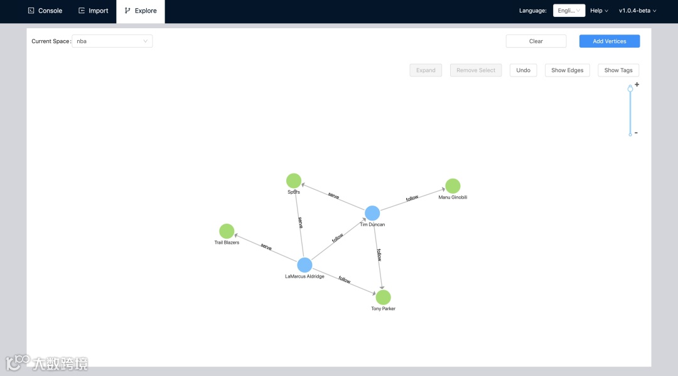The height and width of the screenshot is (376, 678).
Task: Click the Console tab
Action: click(x=45, y=11)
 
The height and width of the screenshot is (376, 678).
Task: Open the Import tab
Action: click(x=93, y=11)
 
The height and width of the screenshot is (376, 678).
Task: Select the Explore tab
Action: click(x=141, y=11)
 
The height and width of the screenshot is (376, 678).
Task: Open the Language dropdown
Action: click(x=569, y=11)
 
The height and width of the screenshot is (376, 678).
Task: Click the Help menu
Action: click(x=599, y=11)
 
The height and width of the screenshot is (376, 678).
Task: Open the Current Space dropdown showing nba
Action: click(x=112, y=41)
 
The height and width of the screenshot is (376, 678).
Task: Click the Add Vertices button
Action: click(x=609, y=41)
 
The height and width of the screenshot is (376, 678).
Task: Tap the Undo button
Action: click(x=523, y=70)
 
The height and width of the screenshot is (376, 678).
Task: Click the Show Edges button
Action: click(x=567, y=70)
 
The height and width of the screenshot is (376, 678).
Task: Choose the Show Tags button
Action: click(x=618, y=70)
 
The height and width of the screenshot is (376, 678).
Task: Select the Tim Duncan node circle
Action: click(x=372, y=213)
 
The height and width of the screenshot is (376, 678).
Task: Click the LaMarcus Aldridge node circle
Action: click(x=304, y=265)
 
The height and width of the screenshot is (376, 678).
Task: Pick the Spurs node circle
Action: click(x=294, y=181)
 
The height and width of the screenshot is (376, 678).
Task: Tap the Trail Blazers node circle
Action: click(x=227, y=231)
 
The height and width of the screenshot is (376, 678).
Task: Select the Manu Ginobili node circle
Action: click(x=453, y=186)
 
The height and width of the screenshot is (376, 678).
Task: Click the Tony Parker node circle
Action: click(x=383, y=297)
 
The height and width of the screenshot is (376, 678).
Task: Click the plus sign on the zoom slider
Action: click(x=637, y=85)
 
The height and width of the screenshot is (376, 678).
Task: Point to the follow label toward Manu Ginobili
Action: click(x=412, y=199)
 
